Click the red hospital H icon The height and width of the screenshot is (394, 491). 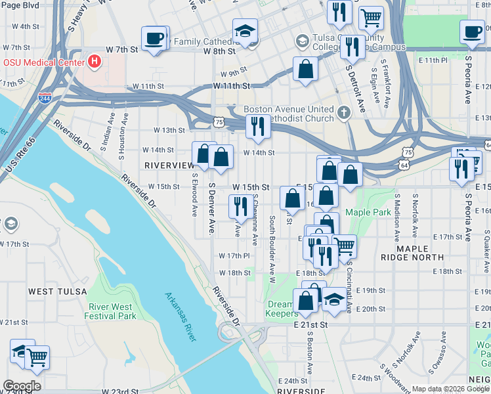coord(95,62)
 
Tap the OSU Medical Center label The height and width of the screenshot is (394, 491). coord(43,62)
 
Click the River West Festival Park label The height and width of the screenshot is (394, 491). coord(110,311)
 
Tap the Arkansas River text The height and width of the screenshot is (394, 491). coord(180,317)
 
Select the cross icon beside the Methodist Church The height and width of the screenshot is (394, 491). coord(343,114)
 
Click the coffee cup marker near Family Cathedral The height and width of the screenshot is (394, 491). coord(155,38)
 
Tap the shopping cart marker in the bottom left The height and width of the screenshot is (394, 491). coord(37,358)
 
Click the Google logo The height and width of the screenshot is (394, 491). coord(21,386)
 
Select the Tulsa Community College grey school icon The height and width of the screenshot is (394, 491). coord(302,41)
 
